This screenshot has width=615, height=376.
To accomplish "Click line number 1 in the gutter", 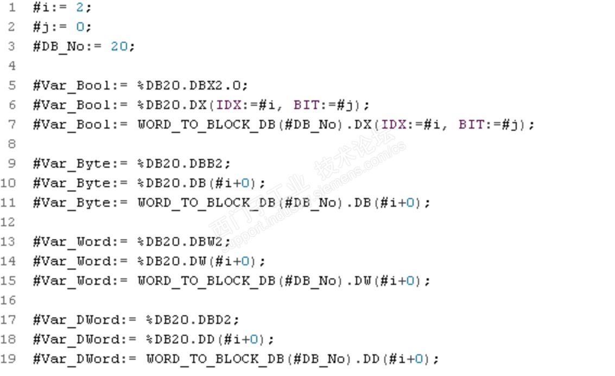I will pos(12,8).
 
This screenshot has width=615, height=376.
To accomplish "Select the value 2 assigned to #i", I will pos(80,8).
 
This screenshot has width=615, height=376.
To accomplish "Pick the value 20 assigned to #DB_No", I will pos(119,47).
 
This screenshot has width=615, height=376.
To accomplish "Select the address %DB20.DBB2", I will pos(184,164).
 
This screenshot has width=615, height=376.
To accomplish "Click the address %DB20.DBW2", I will pos(184,242).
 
